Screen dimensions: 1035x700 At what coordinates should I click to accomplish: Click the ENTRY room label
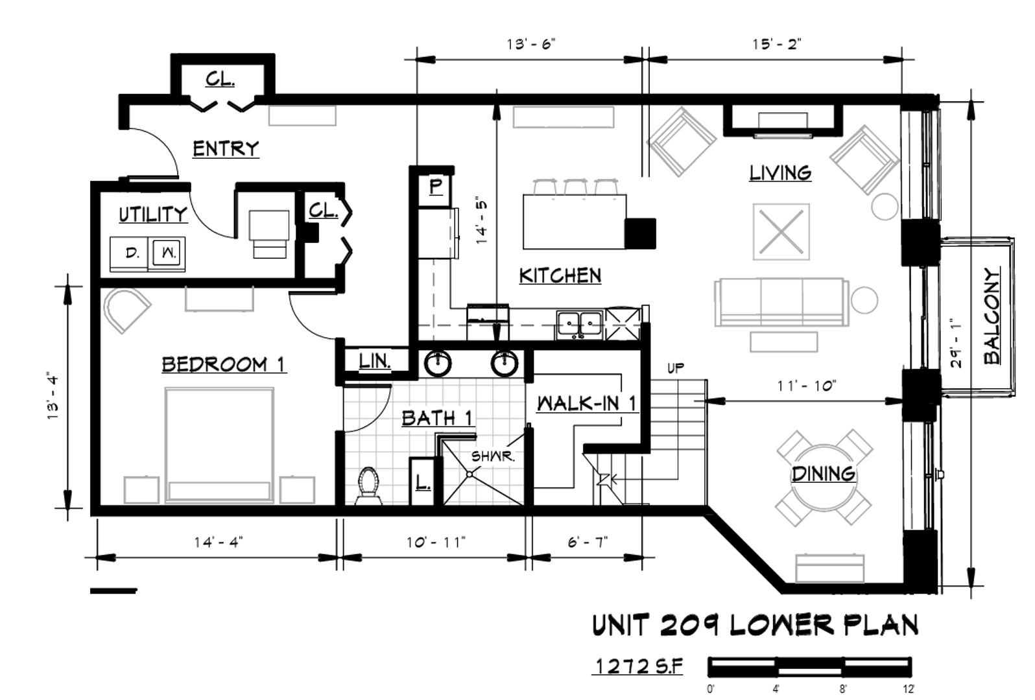pos(226,148)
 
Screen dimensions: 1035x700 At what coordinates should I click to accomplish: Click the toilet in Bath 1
pos(368,485)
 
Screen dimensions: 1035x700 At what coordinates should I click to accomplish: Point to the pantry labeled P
pos(435,187)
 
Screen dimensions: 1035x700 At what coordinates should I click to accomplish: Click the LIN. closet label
pos(375,361)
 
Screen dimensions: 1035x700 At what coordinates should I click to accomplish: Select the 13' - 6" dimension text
pos(530,44)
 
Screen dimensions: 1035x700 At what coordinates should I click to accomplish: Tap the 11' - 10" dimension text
pos(806,386)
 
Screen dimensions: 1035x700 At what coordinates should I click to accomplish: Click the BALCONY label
pos(992,316)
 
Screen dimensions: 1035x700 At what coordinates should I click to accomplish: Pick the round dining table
pos(823,478)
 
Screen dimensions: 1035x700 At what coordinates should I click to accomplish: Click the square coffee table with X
pos(781,232)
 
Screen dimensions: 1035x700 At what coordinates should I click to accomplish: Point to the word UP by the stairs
pos(676,368)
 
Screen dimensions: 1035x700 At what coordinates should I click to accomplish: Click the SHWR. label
pos(493,457)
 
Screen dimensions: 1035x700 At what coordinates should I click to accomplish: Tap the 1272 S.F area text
pos(639,667)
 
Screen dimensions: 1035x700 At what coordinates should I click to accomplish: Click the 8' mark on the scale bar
pos(843,690)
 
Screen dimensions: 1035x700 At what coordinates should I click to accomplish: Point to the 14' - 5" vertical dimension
pos(482,222)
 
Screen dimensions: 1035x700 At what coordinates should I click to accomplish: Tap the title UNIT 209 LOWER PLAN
pos(755,625)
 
